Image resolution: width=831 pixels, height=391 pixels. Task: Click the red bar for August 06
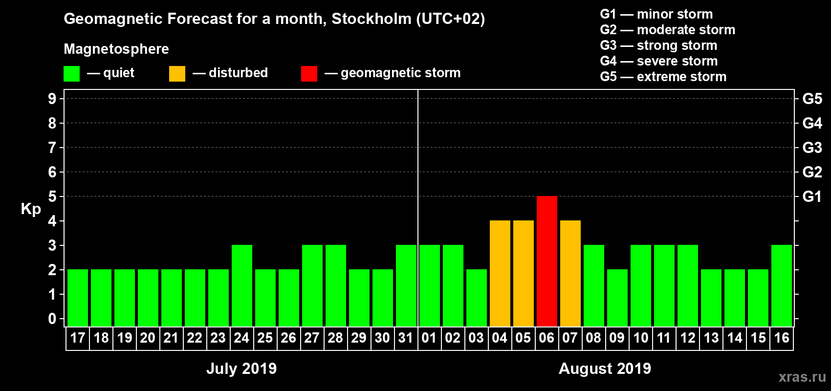[x=547, y=261]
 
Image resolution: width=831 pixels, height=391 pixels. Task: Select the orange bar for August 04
[x=500, y=273]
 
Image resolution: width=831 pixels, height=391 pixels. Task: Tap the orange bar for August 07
[x=570, y=273]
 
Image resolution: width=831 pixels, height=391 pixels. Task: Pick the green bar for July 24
[x=241, y=285]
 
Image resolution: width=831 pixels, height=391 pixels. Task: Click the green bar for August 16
[x=781, y=285]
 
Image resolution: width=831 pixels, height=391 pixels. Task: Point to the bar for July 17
[x=77, y=298]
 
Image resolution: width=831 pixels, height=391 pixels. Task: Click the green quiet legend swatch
[x=71, y=74]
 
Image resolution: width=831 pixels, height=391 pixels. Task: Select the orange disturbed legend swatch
[x=177, y=74]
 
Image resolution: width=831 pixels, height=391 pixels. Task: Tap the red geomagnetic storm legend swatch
[x=309, y=74]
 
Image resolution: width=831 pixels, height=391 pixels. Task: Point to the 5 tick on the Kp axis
[x=52, y=196]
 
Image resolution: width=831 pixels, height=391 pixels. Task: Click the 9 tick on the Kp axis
[x=52, y=99]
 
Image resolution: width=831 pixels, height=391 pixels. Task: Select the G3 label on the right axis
[x=812, y=148]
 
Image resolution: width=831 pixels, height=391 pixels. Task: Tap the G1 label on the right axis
[x=812, y=196]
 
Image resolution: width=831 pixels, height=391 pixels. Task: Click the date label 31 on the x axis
[x=406, y=338]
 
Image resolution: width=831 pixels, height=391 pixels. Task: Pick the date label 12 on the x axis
[x=687, y=338]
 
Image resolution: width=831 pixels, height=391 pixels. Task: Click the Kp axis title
[x=31, y=209]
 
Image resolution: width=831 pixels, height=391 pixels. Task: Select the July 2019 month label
[x=241, y=369]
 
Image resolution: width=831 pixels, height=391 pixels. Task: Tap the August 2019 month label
[x=605, y=369]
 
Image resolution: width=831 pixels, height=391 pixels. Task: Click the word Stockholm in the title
[x=372, y=19]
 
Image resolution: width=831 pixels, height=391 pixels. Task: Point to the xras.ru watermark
[x=802, y=377]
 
